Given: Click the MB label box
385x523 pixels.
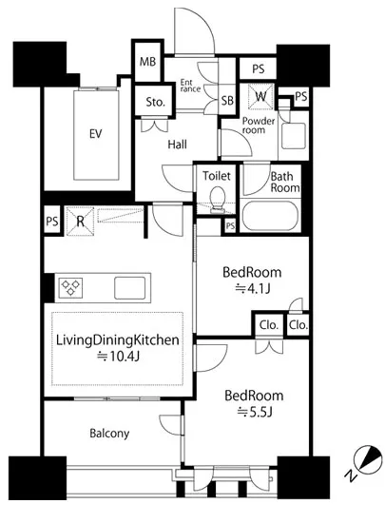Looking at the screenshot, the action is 147,62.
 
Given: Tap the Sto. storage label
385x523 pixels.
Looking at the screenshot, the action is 155,102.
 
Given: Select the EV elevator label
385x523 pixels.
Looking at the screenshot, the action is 96,134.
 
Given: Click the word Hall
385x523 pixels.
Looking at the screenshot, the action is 177,145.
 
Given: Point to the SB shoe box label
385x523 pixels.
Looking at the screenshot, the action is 227,101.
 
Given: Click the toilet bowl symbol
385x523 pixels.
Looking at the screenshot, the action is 218,200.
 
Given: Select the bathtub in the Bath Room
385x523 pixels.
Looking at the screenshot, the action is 270,216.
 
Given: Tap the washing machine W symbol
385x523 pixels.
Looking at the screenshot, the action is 260,96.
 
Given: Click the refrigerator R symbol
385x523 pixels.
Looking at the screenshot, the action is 80,222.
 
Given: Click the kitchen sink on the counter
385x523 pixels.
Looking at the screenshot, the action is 130,288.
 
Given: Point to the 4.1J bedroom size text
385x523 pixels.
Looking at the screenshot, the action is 253,288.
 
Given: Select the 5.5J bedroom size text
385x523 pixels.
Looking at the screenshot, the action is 255,413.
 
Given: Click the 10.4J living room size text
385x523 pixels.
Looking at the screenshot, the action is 118,357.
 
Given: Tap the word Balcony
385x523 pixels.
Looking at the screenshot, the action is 109,434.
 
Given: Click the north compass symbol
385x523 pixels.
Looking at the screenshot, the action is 368,459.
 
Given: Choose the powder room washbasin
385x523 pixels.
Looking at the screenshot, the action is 294,136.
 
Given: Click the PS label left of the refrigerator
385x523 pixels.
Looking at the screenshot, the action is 52,222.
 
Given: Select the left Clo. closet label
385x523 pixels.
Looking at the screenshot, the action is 269,324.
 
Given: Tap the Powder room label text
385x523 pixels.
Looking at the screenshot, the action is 259,126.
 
